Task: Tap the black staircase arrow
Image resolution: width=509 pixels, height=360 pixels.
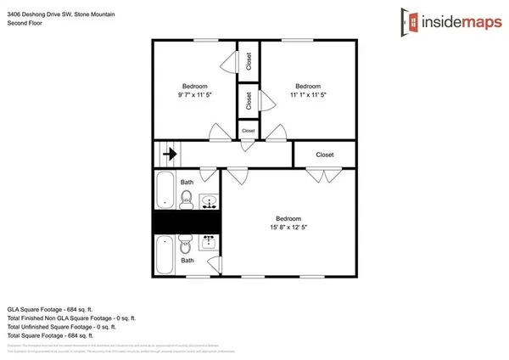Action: (x=169, y=155)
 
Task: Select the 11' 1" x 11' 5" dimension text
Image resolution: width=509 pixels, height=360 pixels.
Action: (x=308, y=95)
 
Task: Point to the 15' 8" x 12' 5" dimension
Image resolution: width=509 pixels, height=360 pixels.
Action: (x=286, y=227)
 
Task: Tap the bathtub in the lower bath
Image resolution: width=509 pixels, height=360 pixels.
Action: (x=164, y=252)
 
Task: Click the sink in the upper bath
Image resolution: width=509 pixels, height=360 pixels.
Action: (x=209, y=201)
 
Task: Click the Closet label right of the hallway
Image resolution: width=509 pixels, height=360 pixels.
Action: (x=324, y=155)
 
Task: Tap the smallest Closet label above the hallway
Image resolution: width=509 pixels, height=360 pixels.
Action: (x=248, y=131)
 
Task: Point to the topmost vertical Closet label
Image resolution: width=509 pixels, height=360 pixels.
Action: (x=249, y=61)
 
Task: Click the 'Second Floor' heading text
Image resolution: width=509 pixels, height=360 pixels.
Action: (x=25, y=24)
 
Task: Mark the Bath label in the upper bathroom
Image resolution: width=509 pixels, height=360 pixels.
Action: (x=187, y=182)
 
